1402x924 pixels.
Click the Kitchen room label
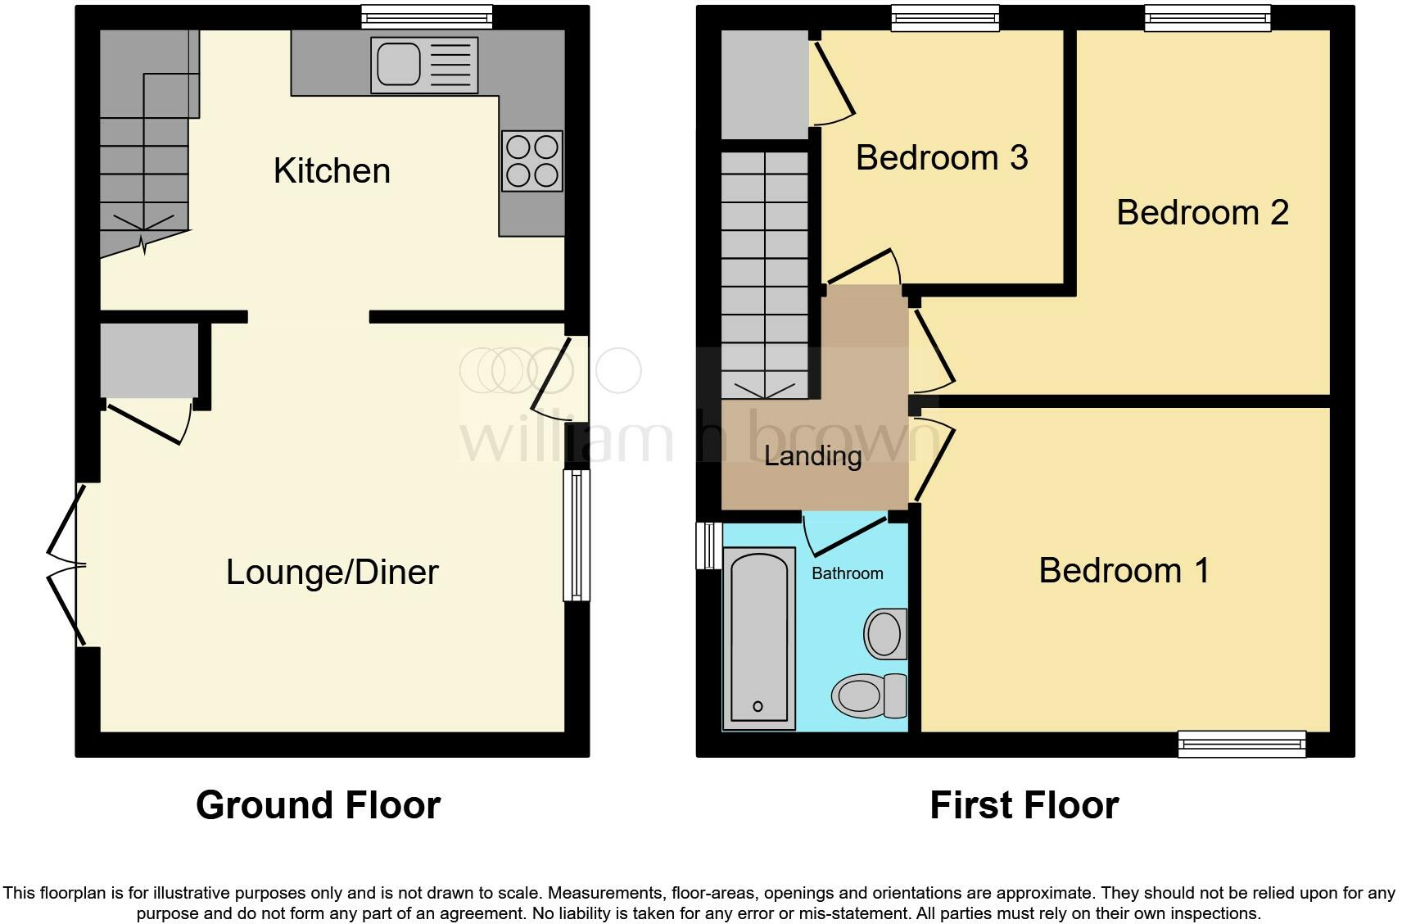[x=332, y=170]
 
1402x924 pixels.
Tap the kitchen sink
[x=423, y=65]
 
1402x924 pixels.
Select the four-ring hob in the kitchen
[x=532, y=161]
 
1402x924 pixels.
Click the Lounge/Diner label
[x=332, y=572]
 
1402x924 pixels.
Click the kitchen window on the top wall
[x=427, y=16]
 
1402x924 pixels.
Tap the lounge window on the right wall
[x=577, y=535]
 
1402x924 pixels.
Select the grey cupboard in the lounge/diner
[x=149, y=360]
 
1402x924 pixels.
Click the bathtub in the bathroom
[x=759, y=638]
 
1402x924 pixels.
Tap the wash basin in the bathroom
[x=885, y=633]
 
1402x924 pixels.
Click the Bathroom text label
[x=847, y=573]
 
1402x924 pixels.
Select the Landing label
[x=812, y=456]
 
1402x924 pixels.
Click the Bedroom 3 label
[x=941, y=157]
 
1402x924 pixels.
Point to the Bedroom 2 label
[x=1201, y=212]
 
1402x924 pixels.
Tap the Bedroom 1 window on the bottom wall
[x=1241, y=744]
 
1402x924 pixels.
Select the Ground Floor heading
[x=318, y=805]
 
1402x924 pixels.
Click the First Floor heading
[x=1024, y=805]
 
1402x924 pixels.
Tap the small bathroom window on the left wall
[x=708, y=545]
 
